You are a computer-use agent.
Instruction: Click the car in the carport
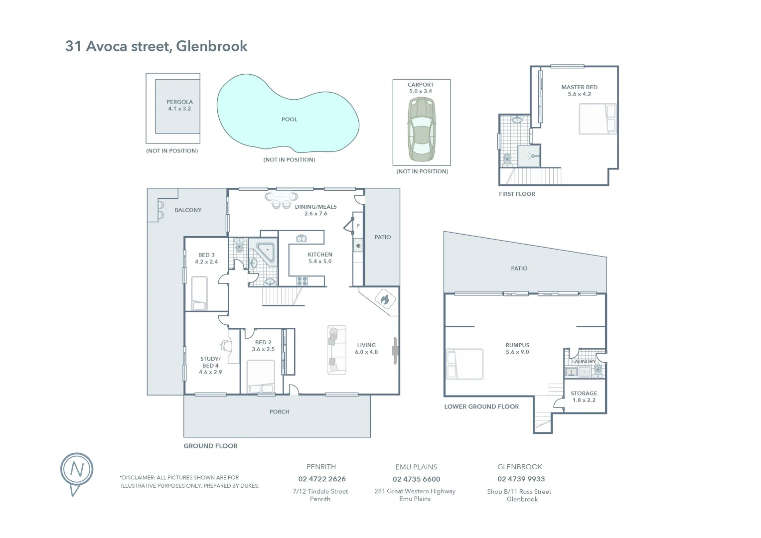pos(421,130)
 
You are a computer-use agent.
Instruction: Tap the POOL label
pos(289,120)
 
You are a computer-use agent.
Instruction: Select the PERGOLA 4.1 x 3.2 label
pos(179,105)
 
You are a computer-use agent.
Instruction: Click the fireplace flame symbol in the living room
pos(384,300)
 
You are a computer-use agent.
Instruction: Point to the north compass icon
pos(77,470)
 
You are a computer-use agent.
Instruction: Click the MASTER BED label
pos(579,90)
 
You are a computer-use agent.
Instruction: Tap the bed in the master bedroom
pos(598,119)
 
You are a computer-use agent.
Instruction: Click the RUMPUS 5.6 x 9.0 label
pos(517,348)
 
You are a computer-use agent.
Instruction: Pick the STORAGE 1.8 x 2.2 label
pos(584,397)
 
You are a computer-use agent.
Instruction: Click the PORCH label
pos(279,412)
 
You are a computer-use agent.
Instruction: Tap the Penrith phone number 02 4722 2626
pos(322,479)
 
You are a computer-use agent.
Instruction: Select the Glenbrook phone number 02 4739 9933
pos(521,479)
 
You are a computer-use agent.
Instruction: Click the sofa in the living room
pos(336,350)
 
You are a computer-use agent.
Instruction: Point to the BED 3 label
pos(206,258)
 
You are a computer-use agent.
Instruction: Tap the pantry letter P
pos(358,226)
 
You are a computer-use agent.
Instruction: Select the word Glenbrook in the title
pos(212,46)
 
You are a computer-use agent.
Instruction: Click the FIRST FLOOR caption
pos(517,194)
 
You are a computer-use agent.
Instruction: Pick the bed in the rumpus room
pos(465,364)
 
